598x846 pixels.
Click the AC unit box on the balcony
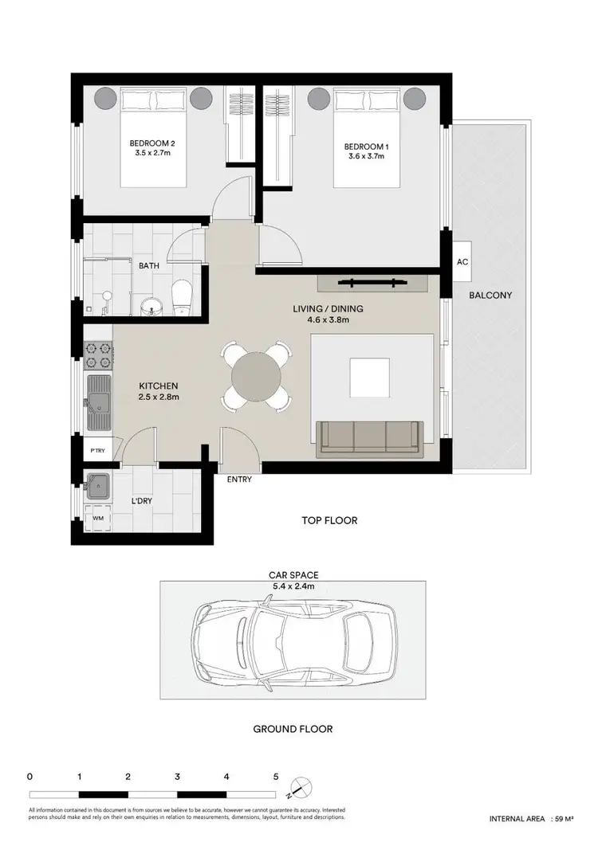pyautogui.click(x=462, y=262)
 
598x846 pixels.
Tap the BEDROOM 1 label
pyautogui.click(x=364, y=147)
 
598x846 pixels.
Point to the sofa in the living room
pyautogui.click(x=369, y=438)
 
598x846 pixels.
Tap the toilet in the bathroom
pyautogui.click(x=181, y=298)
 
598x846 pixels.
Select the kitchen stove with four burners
pyautogui.click(x=98, y=351)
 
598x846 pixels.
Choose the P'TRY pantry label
pyautogui.click(x=98, y=451)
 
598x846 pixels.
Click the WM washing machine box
pyautogui.click(x=98, y=519)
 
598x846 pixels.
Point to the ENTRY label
pyautogui.click(x=239, y=480)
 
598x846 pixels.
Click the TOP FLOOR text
pyautogui.click(x=329, y=521)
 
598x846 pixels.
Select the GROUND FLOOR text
pyautogui.click(x=293, y=728)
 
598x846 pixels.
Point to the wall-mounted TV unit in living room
pyautogui.click(x=373, y=282)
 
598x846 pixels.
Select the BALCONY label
pyautogui.click(x=490, y=295)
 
